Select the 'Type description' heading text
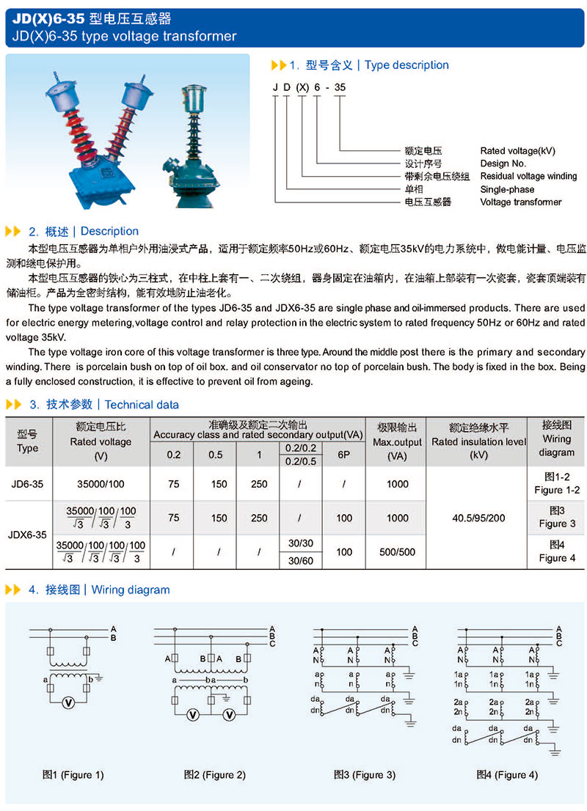[x=406, y=65]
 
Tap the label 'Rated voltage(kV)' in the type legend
[x=518, y=151]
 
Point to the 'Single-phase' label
[x=507, y=189]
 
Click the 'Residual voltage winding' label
[x=528, y=177]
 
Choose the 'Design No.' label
[x=503, y=164]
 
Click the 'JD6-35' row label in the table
[x=28, y=484]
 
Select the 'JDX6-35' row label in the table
[x=28, y=535]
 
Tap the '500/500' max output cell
[x=397, y=552]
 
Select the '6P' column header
[x=344, y=455]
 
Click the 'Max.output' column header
[x=397, y=442]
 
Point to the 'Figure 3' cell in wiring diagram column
[x=557, y=524]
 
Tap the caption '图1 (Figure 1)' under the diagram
[x=73, y=774]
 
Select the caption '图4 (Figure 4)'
[x=506, y=774]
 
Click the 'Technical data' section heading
[x=142, y=405]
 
